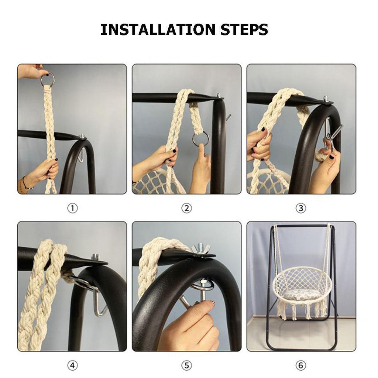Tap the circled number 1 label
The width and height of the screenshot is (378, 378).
[x=72, y=209]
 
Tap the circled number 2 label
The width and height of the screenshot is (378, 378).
[x=187, y=209]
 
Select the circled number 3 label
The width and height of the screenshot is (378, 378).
[x=301, y=209]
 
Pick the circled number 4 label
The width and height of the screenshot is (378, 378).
[x=72, y=366]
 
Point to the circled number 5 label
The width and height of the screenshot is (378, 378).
[x=187, y=366]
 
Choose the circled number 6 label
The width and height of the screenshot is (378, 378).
[x=301, y=366]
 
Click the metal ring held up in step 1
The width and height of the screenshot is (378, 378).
[x=48, y=79]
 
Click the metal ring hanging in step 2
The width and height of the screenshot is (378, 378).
[x=200, y=139]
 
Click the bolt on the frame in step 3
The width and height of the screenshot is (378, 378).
[x=326, y=99]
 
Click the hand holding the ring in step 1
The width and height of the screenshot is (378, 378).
[x=31, y=71]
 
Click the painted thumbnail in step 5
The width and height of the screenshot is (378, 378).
[x=212, y=303]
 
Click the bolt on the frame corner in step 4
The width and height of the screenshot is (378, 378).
[x=95, y=257]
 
